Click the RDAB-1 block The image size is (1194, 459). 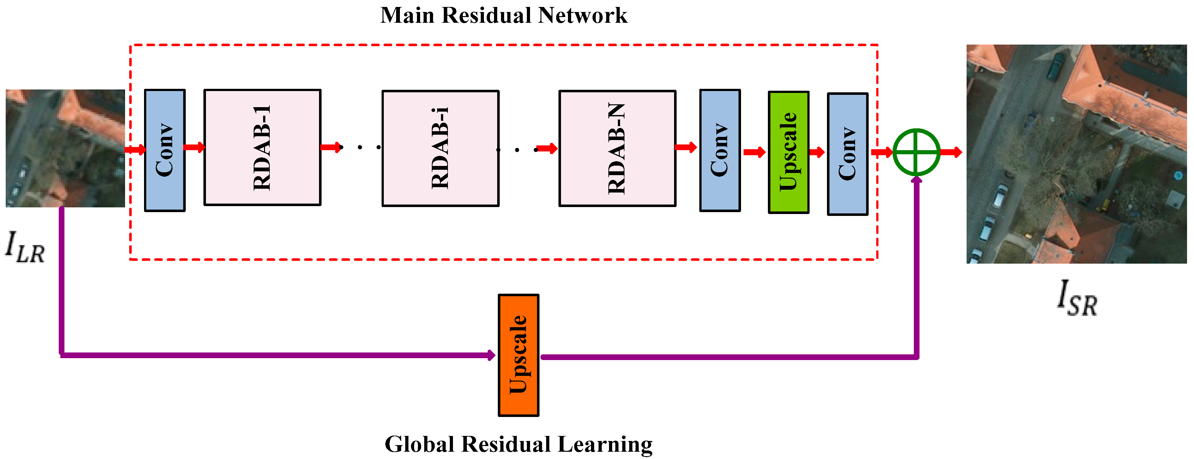[x=262, y=147]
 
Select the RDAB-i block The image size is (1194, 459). [x=440, y=148]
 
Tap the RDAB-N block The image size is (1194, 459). [x=617, y=148]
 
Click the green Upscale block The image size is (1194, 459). [x=788, y=152]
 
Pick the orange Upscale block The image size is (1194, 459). [x=518, y=355]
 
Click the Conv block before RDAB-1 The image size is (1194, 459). [x=165, y=150]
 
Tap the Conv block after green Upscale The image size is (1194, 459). [x=847, y=154]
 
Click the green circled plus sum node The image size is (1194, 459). [x=916, y=152]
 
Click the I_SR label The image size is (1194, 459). [x=1076, y=299]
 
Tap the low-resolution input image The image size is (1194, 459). [x=65, y=148]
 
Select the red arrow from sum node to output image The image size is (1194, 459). [x=951, y=152]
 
